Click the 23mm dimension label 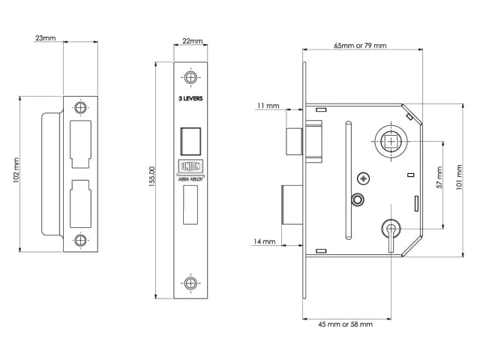tap(45, 37)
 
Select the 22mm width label tap(193, 43)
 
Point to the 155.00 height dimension tap(153, 179)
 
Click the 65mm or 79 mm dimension tap(360, 46)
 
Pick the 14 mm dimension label tap(265, 241)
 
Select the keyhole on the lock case tap(389, 228)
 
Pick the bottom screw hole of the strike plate tap(81, 241)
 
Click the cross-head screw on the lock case tap(364, 178)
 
